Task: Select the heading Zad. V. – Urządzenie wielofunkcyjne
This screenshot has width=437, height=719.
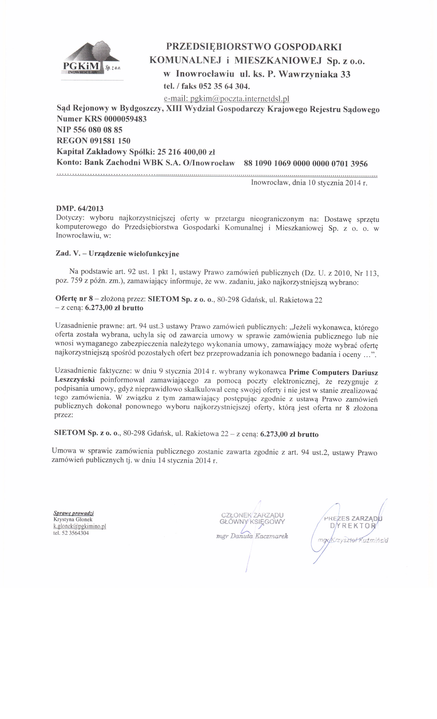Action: click(117, 254)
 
